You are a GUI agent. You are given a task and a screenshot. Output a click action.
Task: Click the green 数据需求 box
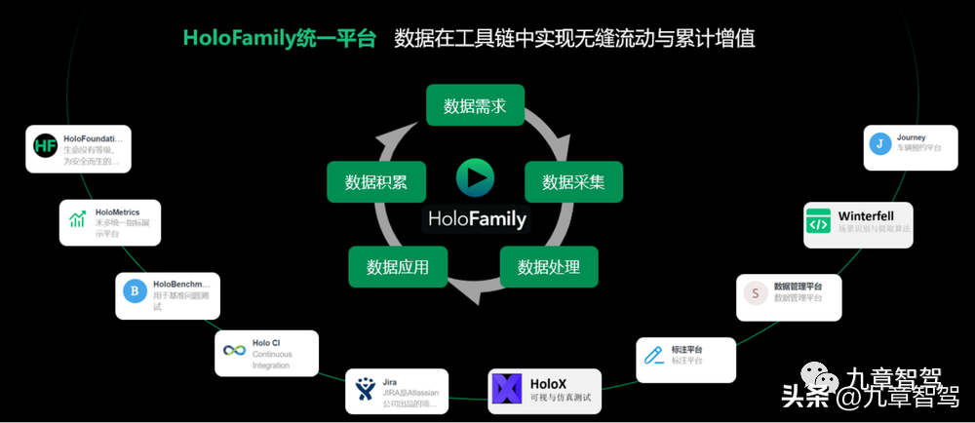tap(475, 105)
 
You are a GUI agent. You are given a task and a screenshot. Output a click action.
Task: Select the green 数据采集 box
tap(573, 181)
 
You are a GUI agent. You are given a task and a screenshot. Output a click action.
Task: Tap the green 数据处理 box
tap(549, 266)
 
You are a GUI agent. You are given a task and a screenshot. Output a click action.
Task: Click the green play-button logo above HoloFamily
tap(475, 177)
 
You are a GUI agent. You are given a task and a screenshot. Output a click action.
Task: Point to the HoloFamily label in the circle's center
tap(476, 218)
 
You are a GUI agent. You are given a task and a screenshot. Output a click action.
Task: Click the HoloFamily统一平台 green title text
tap(279, 39)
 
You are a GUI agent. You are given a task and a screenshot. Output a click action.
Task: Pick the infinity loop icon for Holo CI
tap(234, 350)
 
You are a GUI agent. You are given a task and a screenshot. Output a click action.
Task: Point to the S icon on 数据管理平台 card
tap(754, 291)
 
